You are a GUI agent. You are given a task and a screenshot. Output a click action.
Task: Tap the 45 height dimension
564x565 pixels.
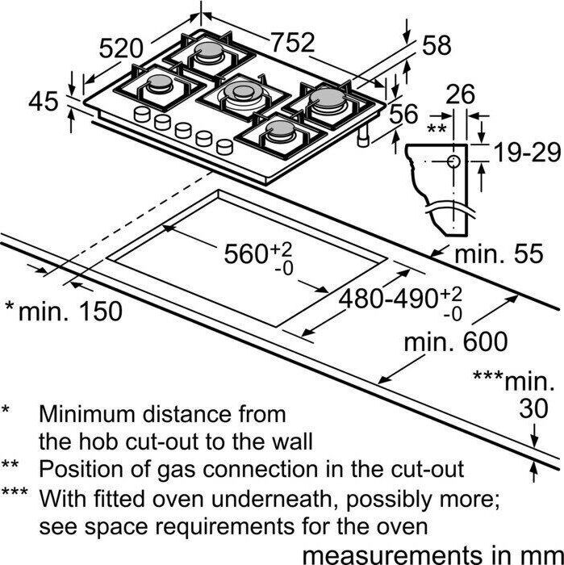[x=43, y=102]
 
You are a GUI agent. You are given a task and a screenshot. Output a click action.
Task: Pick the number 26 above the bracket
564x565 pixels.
[x=461, y=95]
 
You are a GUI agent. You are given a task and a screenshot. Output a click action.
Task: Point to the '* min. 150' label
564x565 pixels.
[x=64, y=311]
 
